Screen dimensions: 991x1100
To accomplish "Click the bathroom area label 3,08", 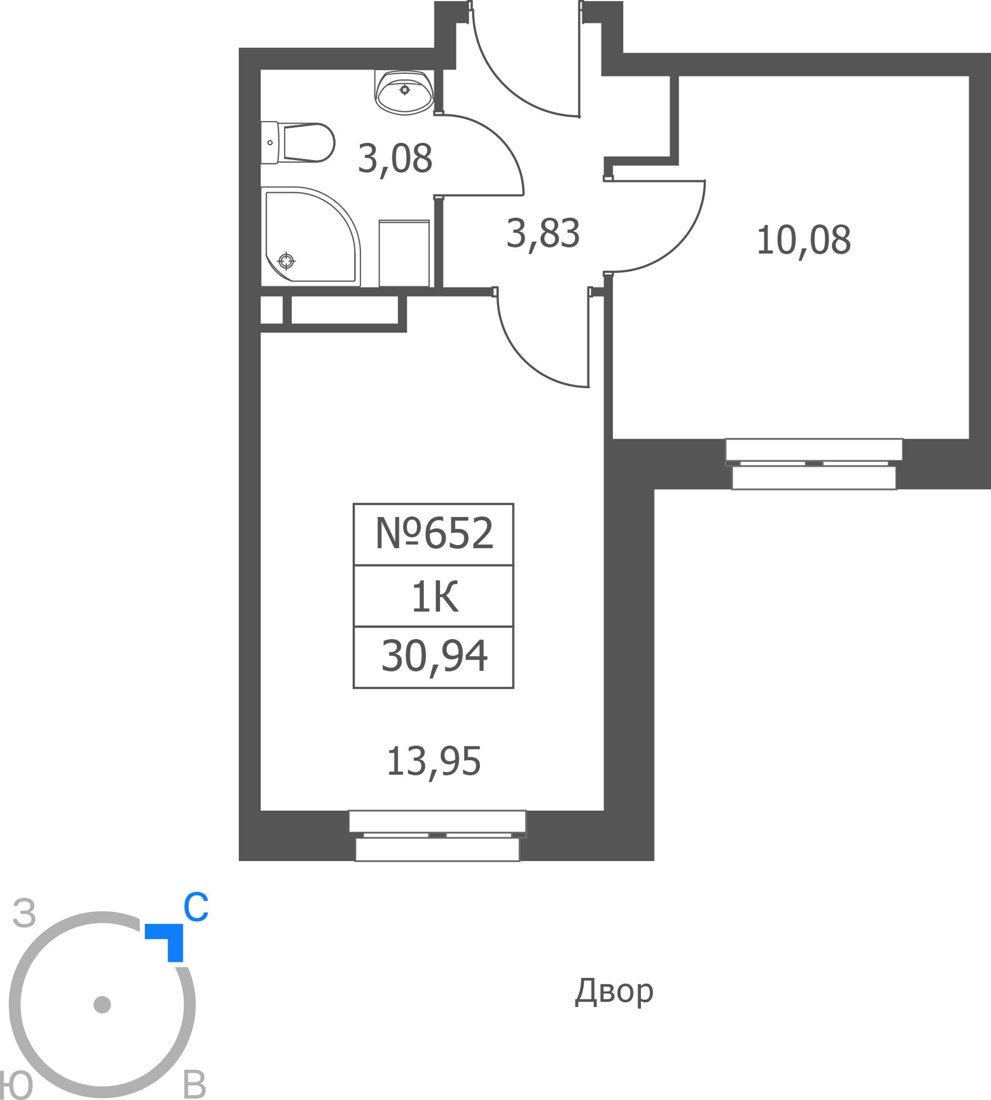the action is (x=395, y=159).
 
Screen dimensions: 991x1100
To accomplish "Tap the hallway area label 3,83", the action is (x=543, y=234).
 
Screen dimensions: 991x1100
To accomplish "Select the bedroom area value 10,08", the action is (x=804, y=240).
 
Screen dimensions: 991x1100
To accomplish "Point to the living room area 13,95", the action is (x=434, y=762).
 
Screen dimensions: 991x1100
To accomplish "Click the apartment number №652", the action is (x=434, y=533).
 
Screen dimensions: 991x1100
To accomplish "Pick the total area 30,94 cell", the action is (x=434, y=656).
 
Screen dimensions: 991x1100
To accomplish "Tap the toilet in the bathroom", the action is (x=297, y=143).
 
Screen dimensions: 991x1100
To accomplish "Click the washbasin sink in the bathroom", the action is (x=404, y=92).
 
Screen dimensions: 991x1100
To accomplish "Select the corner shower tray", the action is (x=311, y=237).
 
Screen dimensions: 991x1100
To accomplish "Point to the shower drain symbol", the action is (x=286, y=261).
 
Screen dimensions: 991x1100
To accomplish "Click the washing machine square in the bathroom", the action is (x=404, y=254).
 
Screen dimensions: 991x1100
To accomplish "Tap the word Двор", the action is (x=614, y=992).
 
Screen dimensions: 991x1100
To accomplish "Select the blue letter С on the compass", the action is (x=196, y=908).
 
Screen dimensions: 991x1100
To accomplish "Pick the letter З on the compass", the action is (x=25, y=914).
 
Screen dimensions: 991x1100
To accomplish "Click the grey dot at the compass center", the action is (x=102, y=1004).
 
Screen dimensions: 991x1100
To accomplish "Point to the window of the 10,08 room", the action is (x=813, y=464).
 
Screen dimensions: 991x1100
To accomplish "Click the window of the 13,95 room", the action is (x=438, y=835).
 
